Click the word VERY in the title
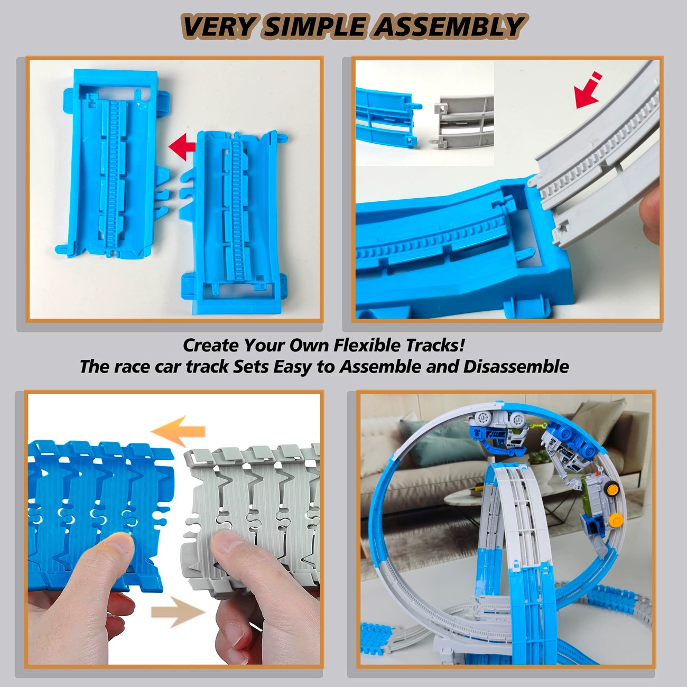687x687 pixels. coord(218,26)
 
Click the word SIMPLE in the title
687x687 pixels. coord(313,26)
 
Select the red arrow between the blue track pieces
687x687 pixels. coord(182,146)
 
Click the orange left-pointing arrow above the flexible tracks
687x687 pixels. coord(178,431)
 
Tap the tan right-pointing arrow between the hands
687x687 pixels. coord(178,612)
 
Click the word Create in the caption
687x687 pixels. coord(211,345)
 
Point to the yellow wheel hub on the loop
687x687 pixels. coord(616,521)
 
